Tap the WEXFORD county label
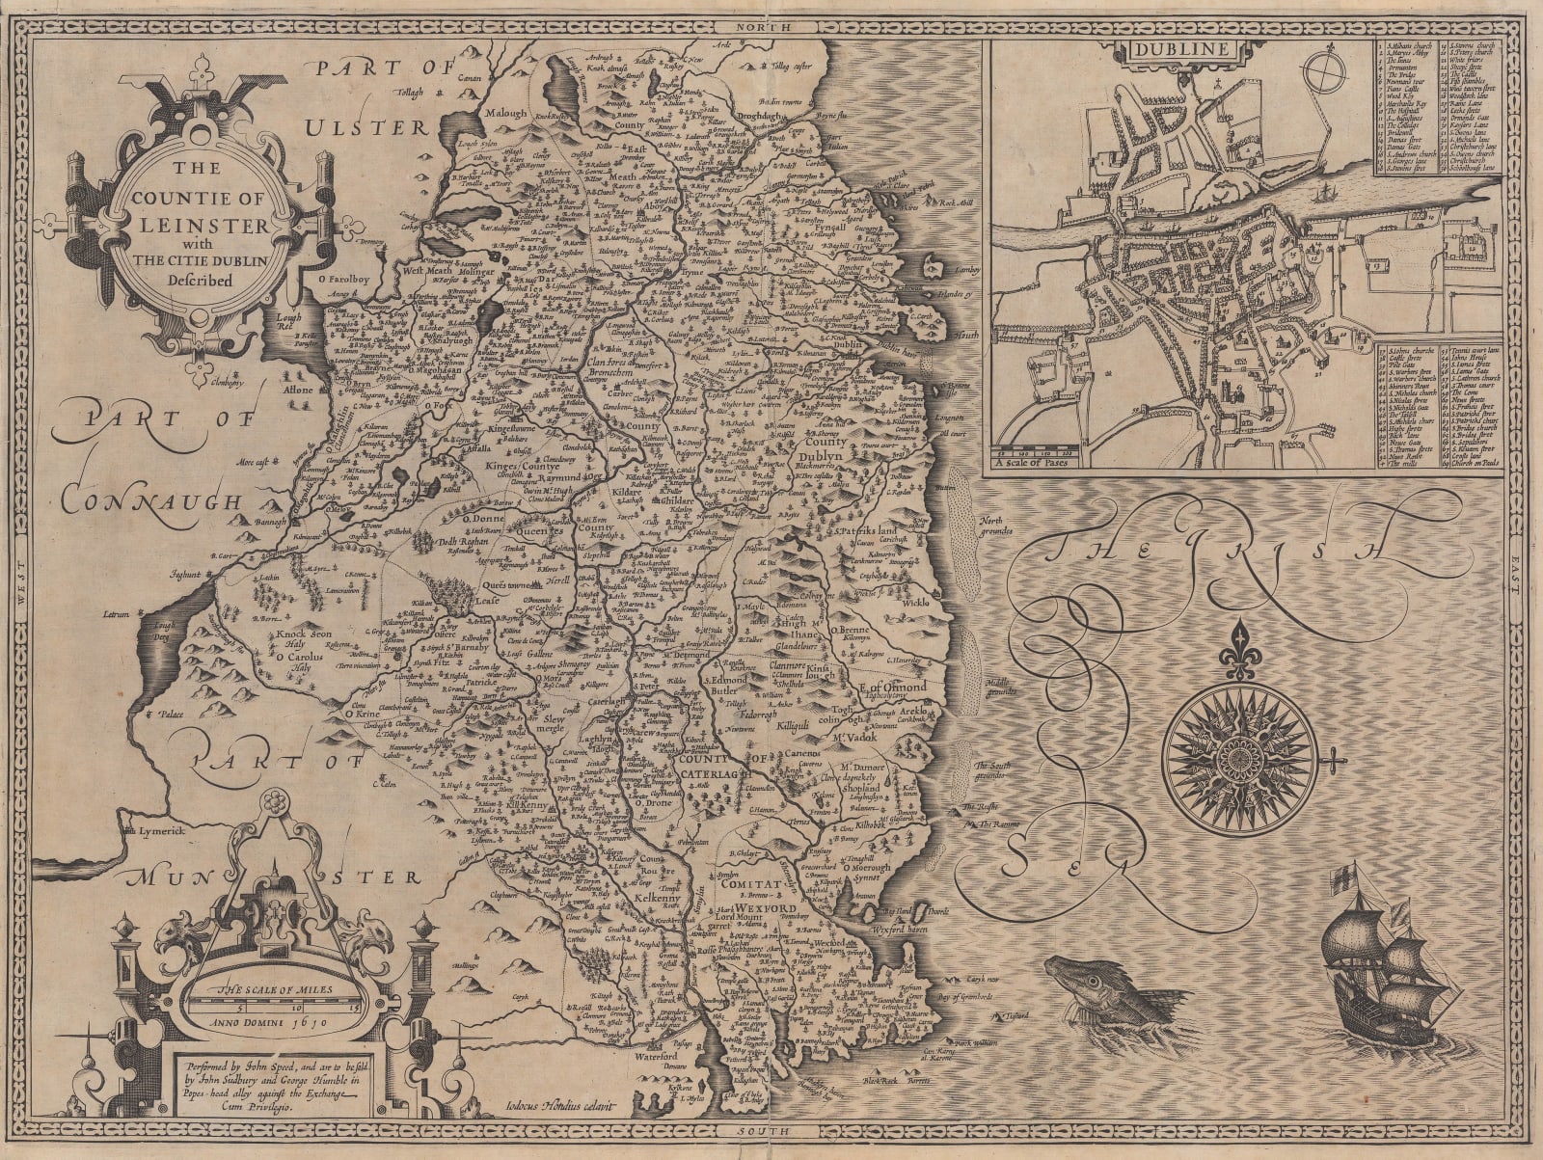[792, 909]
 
